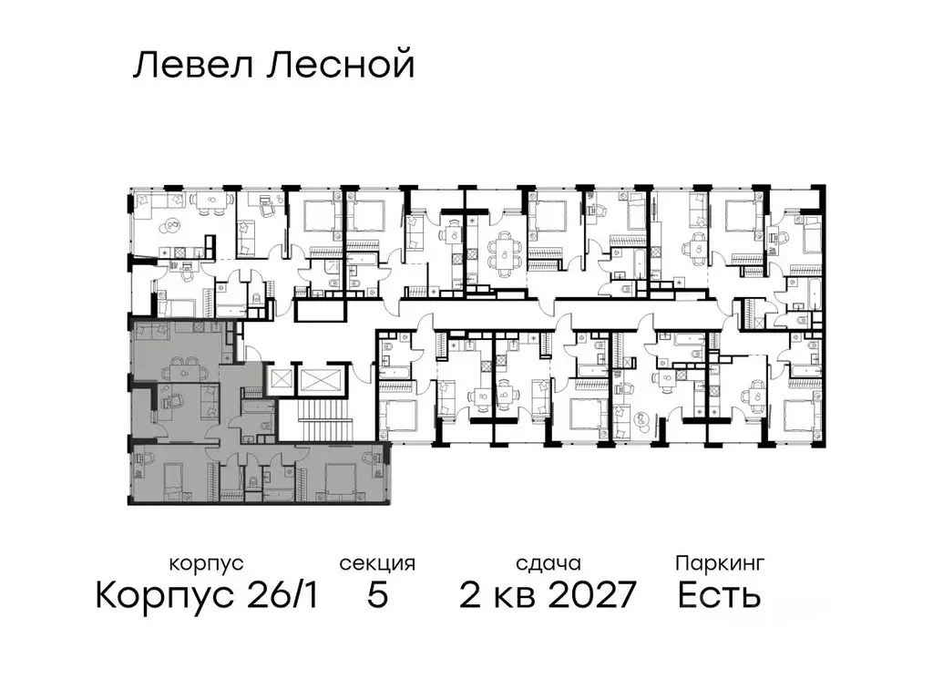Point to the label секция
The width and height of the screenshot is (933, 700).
coord(377,563)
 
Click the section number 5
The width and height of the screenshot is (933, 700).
coord(377,596)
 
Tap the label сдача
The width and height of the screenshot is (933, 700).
coord(547,563)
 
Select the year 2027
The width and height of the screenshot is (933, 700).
coord(586,596)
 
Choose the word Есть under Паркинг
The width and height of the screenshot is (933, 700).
coord(719,596)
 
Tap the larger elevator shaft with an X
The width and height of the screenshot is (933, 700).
coord(325,380)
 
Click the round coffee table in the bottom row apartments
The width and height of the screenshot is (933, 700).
coord(645,421)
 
